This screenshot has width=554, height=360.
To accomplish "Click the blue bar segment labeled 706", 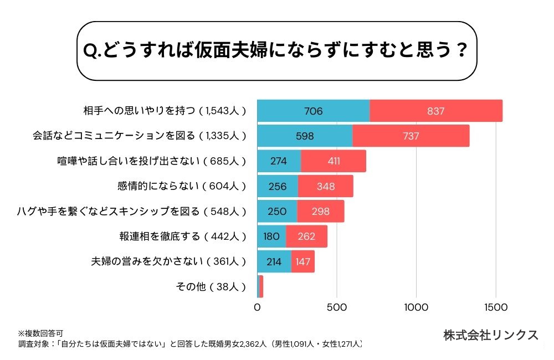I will (x=314, y=111).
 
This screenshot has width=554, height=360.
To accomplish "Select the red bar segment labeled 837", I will (x=436, y=111).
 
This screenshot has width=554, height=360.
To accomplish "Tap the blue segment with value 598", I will (x=305, y=136).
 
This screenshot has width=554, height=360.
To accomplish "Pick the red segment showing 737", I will (x=411, y=136).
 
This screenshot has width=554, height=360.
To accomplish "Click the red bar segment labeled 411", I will (x=334, y=161).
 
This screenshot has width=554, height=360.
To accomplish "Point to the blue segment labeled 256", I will (x=278, y=186).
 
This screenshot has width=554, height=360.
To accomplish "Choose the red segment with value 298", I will (x=320, y=211).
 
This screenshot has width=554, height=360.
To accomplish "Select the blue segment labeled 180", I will (x=271, y=236).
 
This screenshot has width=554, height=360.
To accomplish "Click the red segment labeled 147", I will (x=303, y=261).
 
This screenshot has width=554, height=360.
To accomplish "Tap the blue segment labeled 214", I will (x=274, y=261).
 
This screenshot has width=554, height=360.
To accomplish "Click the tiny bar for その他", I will (x=260, y=286).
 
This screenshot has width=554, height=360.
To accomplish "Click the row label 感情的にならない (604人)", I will (x=182, y=186).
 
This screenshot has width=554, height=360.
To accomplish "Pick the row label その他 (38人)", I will (x=210, y=286).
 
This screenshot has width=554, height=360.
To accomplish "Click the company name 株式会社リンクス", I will (x=491, y=335).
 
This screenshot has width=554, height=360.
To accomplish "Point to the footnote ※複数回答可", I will (x=40, y=333).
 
